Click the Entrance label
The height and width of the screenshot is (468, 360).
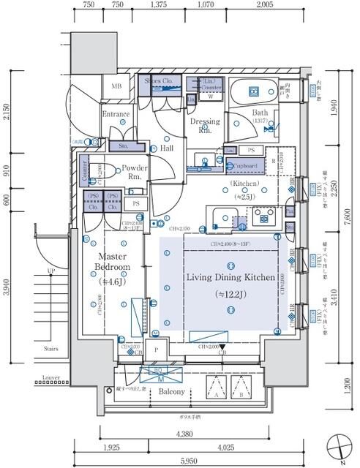[x=116, y=114]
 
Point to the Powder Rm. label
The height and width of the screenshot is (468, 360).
[x=135, y=172]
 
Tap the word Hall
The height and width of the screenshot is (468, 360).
[x=167, y=148]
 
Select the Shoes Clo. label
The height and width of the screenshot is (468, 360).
[x=158, y=80]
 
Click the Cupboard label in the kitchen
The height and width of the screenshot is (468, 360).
[x=241, y=166]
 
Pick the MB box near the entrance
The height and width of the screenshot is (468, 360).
[x=116, y=87]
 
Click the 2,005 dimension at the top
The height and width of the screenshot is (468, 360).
[x=265, y=5]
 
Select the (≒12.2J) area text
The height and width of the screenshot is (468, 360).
[x=230, y=294]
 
